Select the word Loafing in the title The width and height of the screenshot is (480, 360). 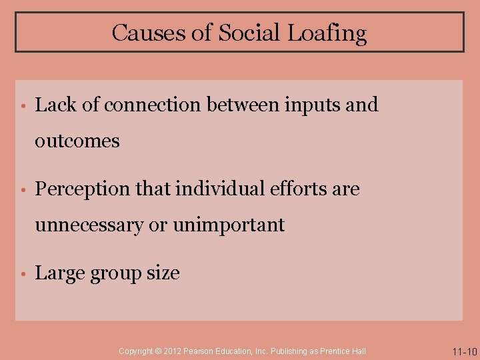(327, 33)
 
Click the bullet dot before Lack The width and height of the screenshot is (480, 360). (22, 105)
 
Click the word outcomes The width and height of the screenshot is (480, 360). (77, 141)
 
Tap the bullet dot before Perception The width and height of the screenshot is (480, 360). (22, 190)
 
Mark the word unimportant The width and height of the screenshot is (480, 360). (229, 225)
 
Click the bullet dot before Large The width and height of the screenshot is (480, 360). (22, 274)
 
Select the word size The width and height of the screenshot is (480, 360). (164, 273)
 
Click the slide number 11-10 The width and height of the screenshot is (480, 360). (464, 351)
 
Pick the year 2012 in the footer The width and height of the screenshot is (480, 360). (172, 351)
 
